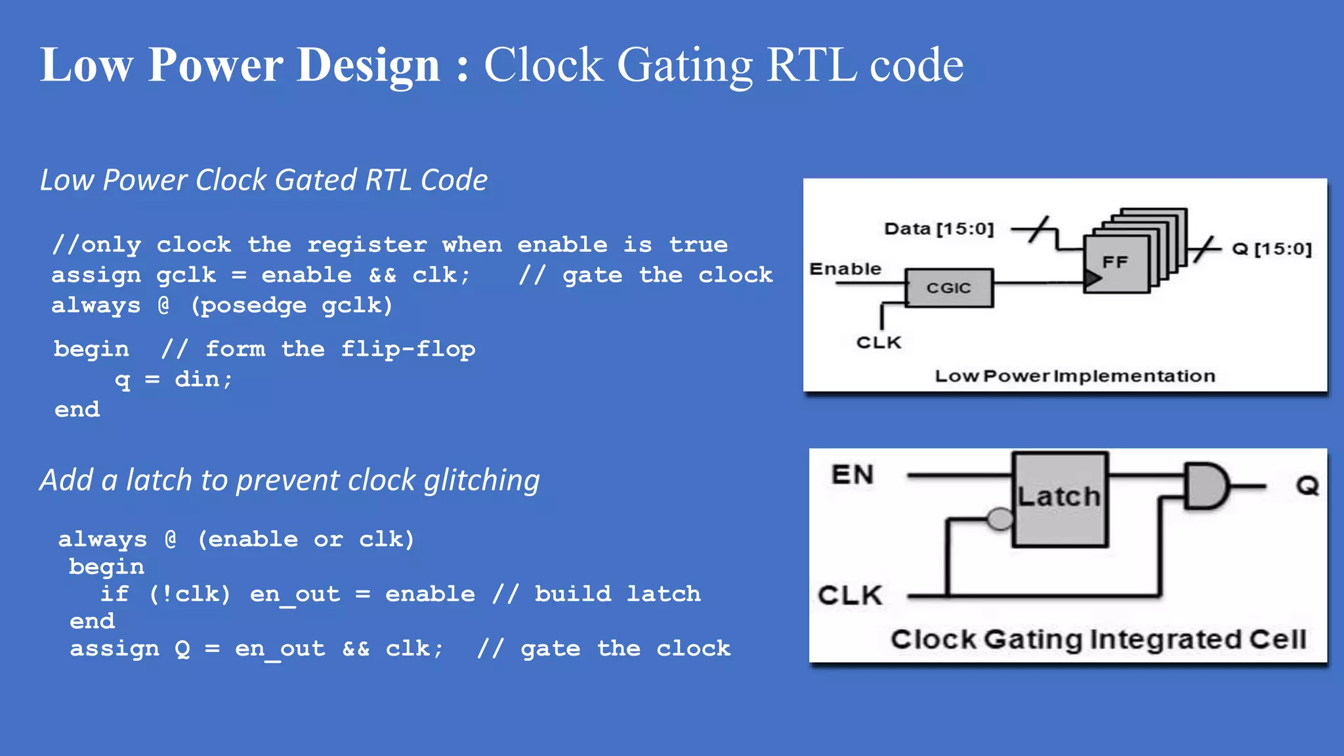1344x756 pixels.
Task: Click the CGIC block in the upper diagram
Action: coord(948,288)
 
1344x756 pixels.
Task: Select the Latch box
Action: coord(1059,499)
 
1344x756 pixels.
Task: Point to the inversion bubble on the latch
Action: coord(1000,519)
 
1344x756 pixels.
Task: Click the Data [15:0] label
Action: coord(938,229)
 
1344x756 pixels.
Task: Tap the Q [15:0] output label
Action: coord(1271,249)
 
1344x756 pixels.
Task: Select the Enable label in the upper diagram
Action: coord(845,269)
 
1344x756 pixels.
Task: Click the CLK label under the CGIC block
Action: coord(878,343)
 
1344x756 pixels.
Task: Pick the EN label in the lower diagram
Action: coord(852,474)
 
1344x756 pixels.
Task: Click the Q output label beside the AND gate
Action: coord(1307,486)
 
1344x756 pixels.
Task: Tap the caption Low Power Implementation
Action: coord(1074,376)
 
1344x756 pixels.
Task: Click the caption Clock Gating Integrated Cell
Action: coord(1098,639)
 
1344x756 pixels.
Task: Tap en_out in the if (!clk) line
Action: coord(295,595)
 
